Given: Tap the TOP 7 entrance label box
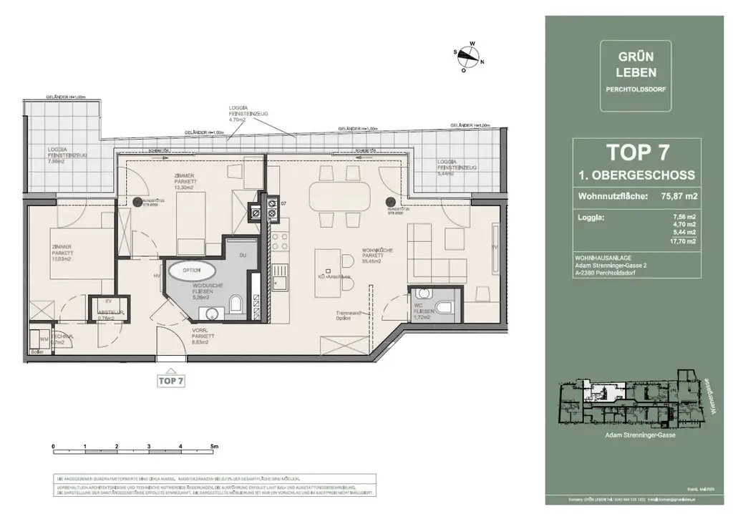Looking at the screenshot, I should [172, 381].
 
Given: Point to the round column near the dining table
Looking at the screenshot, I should [391, 203].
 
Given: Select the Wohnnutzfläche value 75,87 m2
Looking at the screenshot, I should [679, 195].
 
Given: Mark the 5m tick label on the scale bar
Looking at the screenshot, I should [213, 446].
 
